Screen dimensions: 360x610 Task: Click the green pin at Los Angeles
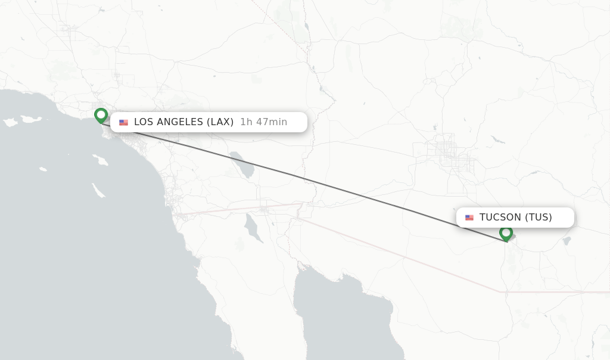coord(101,114)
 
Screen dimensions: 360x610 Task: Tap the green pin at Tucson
coord(506,232)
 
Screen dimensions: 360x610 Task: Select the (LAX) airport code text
coord(220,122)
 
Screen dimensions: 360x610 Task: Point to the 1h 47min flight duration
coord(263,122)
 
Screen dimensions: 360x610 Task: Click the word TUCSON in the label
coord(500,218)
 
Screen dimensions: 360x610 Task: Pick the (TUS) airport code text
coord(539,218)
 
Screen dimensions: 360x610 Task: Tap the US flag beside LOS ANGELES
coord(123,122)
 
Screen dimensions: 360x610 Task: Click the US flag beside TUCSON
coord(469,218)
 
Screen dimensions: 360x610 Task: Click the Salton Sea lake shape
coord(243,164)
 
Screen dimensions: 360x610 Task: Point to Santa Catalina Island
coord(99,160)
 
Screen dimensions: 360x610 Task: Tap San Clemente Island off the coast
coord(98,190)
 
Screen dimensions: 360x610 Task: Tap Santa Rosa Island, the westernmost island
coord(10,122)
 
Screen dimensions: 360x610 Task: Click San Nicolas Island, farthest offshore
coord(43,169)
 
